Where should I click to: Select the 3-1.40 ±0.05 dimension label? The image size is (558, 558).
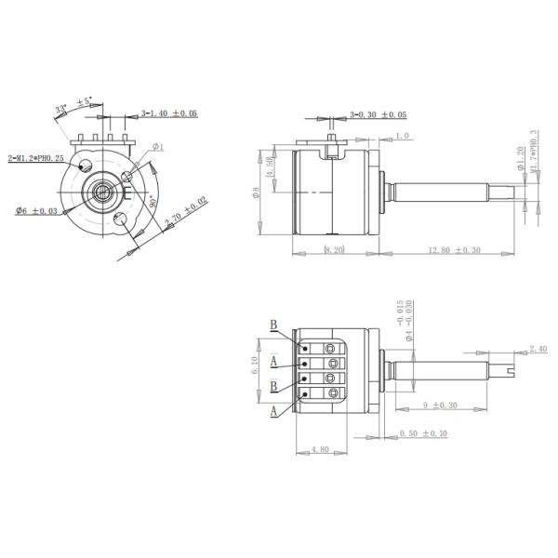coord(169,114)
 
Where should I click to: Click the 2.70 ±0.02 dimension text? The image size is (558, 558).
coord(186,212)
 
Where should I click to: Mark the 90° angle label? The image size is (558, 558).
coord(152,202)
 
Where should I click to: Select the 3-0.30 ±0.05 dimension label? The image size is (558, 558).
coord(379,114)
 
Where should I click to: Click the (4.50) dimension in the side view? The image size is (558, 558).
coord(270,173)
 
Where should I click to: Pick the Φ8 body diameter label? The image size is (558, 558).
coord(257,193)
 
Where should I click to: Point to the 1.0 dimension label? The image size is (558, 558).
coord(402,137)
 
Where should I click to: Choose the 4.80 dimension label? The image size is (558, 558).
coord(319,449)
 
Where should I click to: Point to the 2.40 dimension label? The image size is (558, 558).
coord(538,349)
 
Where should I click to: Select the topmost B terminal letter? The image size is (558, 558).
coord(273,325)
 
